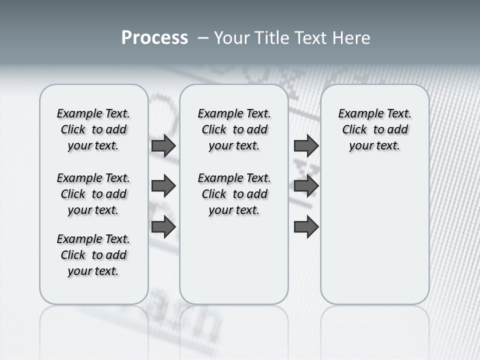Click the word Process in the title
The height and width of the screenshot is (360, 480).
[154, 38]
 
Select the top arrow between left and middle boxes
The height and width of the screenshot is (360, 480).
[163, 145]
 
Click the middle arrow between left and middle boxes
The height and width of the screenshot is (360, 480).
[163, 186]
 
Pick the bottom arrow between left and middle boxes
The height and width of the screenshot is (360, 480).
[163, 226]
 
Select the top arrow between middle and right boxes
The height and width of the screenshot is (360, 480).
[306, 145]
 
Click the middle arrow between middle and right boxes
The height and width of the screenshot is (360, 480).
[306, 186]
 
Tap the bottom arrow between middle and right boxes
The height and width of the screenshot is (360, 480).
[306, 226]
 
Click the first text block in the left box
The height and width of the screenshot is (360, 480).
[93, 129]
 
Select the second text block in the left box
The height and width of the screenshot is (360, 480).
[93, 194]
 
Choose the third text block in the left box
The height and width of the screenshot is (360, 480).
[93, 255]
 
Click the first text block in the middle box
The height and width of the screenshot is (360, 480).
[234, 129]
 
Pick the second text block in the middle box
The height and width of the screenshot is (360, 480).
[234, 194]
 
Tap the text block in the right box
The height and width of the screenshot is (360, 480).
[374, 129]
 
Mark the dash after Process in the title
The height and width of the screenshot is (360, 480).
[203, 38]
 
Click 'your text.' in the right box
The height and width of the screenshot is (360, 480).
[374, 146]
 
